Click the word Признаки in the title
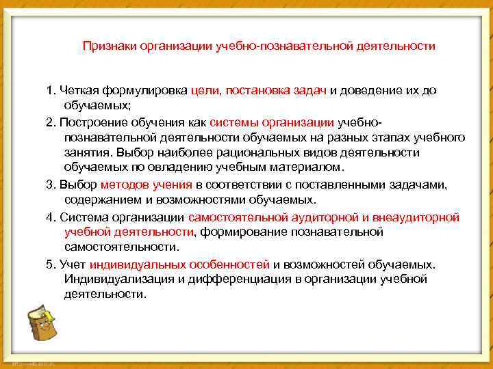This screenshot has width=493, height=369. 109,46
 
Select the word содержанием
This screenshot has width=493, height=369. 96,200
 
